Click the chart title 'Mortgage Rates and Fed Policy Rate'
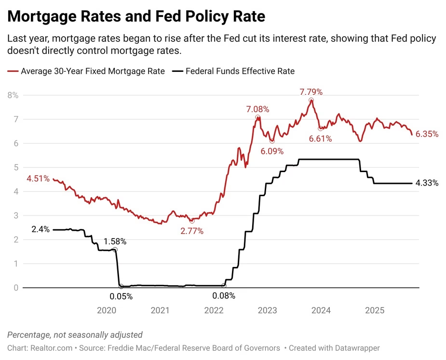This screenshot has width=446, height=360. point(136,16)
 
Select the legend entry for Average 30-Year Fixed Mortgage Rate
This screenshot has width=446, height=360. point(87,71)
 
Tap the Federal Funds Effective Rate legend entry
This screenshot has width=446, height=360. point(234,71)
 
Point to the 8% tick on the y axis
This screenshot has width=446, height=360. point(13,95)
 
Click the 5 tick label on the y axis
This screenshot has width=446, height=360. point(16,168)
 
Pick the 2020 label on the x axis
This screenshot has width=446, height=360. point(107,310)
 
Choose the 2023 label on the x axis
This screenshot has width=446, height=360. point(267,310)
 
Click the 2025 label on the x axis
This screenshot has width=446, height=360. point(375,310)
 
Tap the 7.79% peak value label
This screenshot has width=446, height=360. point(311,92)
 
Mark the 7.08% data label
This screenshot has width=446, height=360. point(258,109)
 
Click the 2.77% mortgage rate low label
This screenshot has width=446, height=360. point(192,231)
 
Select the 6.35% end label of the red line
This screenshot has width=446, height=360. point(427,134)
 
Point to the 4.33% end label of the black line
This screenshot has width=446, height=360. point(427,183)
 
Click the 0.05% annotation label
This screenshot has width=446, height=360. point(121,296)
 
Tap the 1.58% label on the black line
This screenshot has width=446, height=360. point(115,241)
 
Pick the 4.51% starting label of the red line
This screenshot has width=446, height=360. point(38,179)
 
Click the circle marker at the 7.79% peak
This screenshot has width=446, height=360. point(311,100)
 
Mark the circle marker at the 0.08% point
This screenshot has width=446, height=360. point(224,286)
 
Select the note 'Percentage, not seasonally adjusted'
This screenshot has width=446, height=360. point(75,335)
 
